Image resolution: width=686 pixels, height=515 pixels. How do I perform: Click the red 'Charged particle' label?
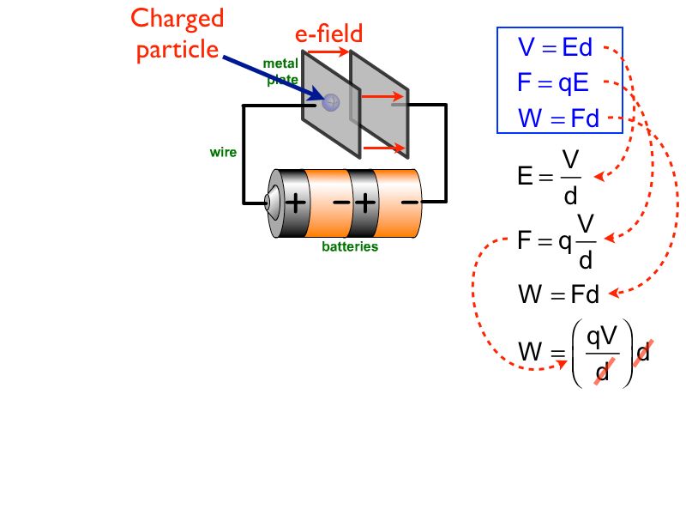[178, 34]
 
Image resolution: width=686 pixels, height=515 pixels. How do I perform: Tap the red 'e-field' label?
[329, 33]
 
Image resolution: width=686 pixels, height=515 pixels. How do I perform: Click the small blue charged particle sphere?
[330, 101]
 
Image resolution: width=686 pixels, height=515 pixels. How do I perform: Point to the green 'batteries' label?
[350, 246]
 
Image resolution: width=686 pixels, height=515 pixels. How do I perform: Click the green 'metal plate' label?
[280, 71]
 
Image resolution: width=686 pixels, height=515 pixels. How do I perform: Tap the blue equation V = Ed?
[556, 47]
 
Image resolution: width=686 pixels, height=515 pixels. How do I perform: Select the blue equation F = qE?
[553, 82]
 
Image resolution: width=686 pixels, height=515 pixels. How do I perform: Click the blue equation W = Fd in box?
[558, 118]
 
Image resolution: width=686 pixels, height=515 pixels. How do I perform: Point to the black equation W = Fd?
[558, 295]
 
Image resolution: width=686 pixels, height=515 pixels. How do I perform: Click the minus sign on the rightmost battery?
[410, 203]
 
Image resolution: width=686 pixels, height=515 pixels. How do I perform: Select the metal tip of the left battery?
[268, 203]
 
